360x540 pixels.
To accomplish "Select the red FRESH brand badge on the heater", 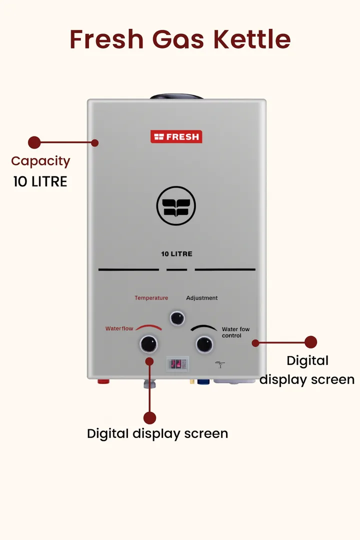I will click(176, 136).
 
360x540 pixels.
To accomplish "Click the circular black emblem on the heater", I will click(176, 205).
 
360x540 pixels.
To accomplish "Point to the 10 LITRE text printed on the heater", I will click(176, 254).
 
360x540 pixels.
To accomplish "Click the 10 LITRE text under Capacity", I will click(40, 181).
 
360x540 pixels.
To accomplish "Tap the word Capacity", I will click(40, 161).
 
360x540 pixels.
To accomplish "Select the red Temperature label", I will click(151, 298).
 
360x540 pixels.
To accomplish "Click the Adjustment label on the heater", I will click(202, 298).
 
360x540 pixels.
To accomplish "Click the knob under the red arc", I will click(148, 344).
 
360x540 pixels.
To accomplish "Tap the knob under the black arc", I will click(204, 344).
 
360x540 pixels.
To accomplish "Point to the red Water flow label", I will click(119, 328).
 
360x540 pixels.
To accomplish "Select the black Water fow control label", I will click(235, 332).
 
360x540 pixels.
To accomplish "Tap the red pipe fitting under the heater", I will click(103, 381).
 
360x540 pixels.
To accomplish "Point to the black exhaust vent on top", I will click(176, 96).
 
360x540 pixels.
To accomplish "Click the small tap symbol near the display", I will click(220, 364).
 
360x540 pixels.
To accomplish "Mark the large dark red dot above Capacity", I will click(34, 142).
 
